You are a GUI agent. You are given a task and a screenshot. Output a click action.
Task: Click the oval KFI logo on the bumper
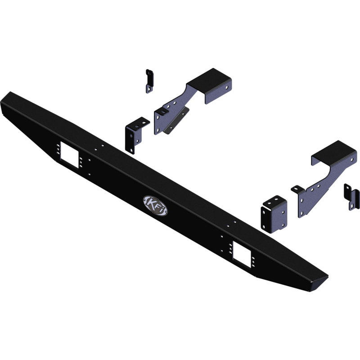153,203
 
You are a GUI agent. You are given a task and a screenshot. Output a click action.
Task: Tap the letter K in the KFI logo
149,202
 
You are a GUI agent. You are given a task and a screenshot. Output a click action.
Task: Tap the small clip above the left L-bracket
148,81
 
